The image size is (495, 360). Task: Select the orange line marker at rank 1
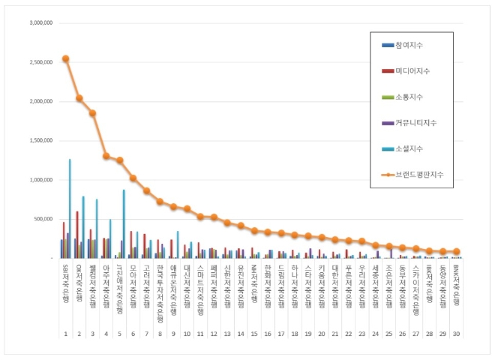(x=65, y=58)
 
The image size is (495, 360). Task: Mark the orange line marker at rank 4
(x=106, y=156)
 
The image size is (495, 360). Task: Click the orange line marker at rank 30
(x=457, y=252)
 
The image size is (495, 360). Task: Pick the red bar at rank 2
(x=76, y=235)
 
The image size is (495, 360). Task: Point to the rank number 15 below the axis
(x=254, y=332)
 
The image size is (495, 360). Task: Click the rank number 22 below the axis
(x=349, y=332)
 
